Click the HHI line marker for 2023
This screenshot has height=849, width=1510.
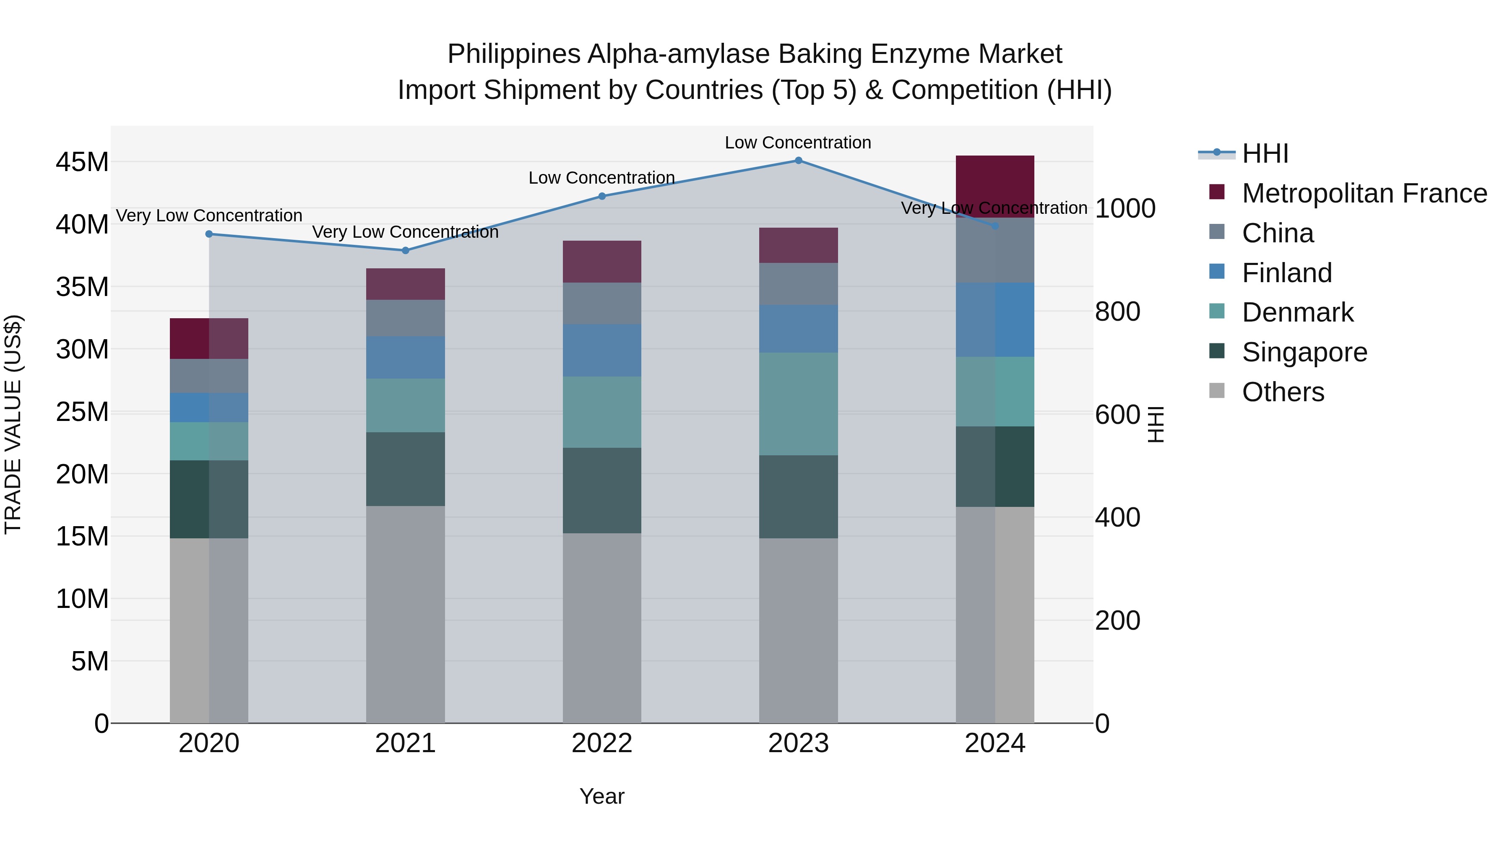coord(798,161)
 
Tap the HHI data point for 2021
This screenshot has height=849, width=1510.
coord(405,251)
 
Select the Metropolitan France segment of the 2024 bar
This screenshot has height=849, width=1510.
coord(995,186)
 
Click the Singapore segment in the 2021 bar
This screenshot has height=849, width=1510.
coord(405,469)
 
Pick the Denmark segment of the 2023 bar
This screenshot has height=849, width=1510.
coord(798,404)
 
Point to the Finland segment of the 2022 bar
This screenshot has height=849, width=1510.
coord(601,351)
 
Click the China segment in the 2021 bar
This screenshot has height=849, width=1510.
coord(405,318)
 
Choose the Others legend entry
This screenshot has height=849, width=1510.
coord(1283,392)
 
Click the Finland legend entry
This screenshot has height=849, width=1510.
coord(1287,273)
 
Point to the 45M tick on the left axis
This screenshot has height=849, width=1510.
coord(82,162)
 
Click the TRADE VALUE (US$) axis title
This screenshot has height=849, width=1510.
coord(13,424)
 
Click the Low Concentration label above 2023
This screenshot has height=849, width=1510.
coord(798,143)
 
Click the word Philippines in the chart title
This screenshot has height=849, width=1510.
coord(513,55)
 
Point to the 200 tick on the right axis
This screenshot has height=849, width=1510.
coord(1117,621)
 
